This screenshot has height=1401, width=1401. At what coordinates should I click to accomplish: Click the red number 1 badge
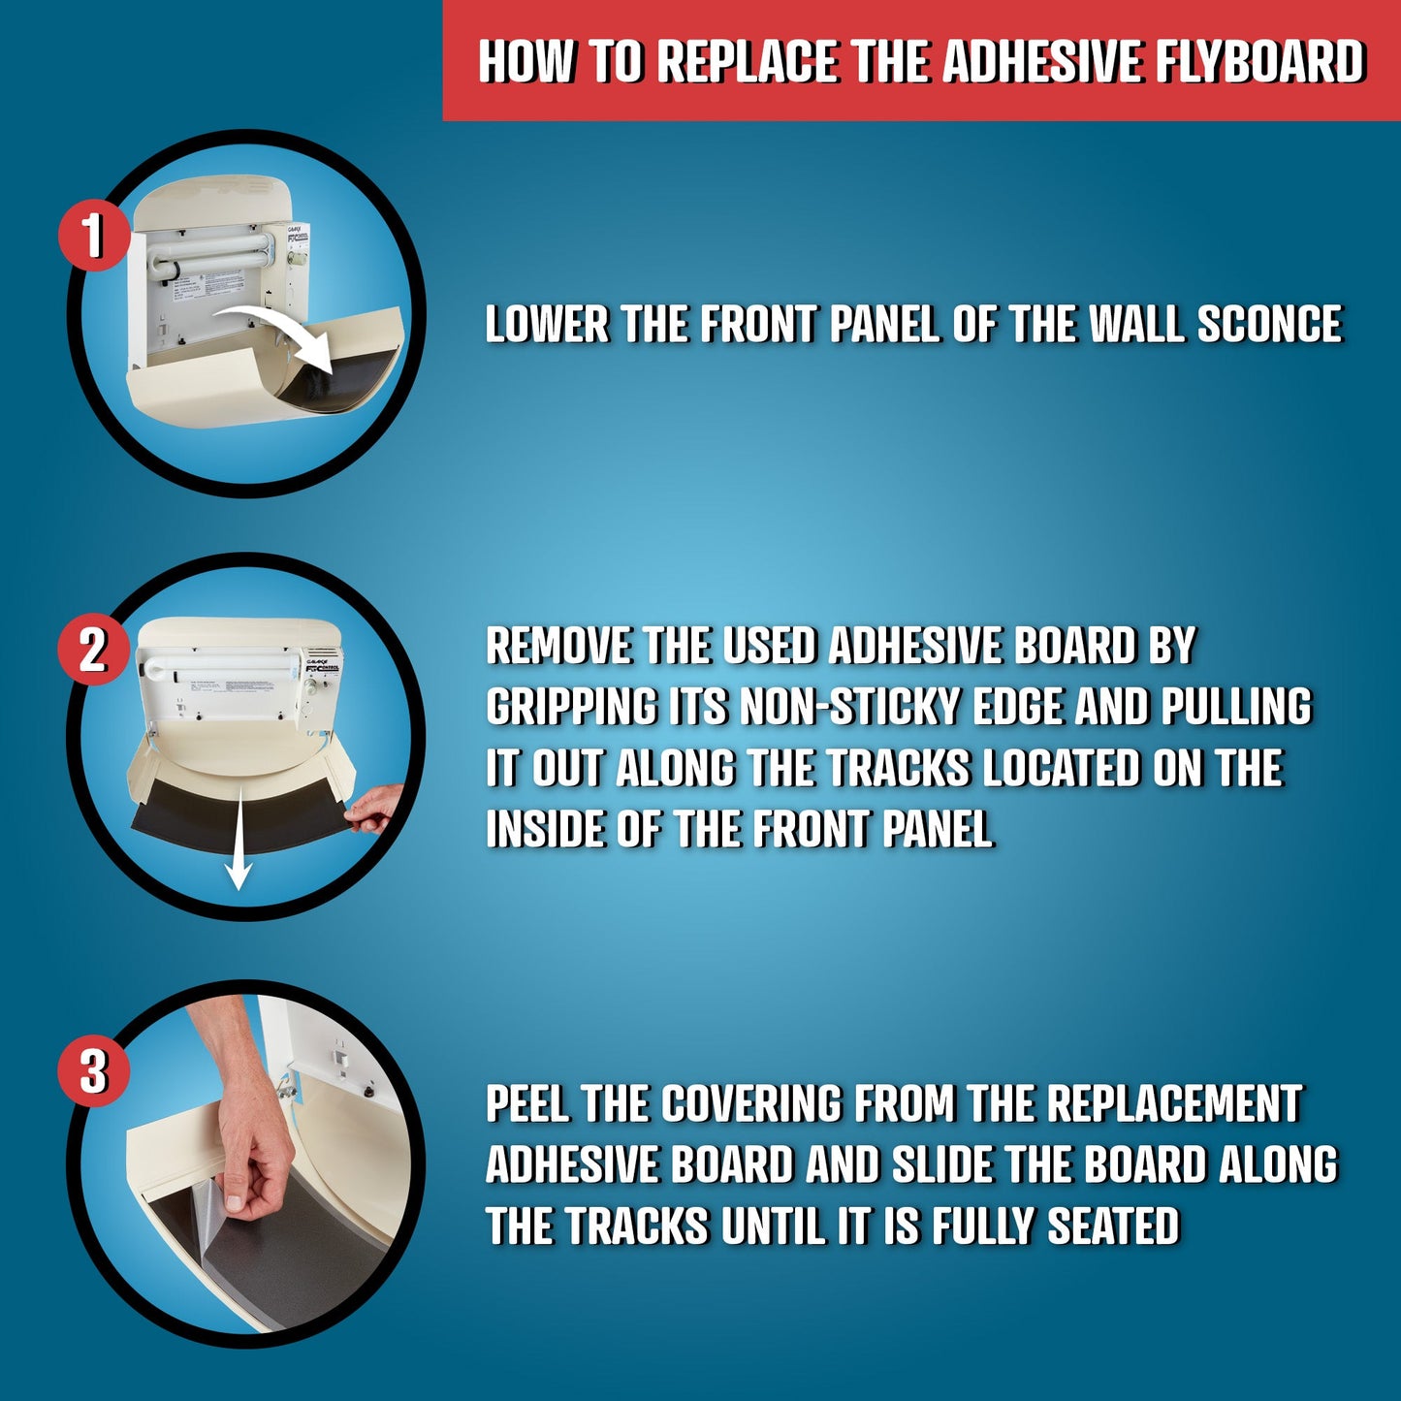coord(94,236)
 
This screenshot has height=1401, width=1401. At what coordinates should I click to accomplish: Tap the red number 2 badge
coord(94,649)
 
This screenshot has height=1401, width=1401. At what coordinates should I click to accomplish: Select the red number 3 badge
coord(94,1072)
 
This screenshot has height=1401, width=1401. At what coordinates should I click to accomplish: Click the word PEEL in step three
coord(527,1104)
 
